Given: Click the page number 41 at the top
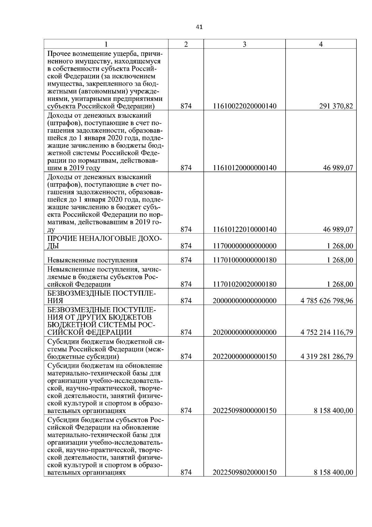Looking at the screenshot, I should tap(199, 27).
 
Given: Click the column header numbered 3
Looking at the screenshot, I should tap(244, 44).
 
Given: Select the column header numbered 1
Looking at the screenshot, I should tap(106, 44).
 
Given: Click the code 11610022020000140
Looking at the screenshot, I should tap(244, 107).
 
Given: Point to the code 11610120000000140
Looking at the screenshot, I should tap(244, 168).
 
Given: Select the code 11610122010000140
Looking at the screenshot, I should tap(244, 229).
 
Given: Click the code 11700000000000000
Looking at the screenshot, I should tap(244, 246).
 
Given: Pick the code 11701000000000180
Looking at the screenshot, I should tap(244, 260).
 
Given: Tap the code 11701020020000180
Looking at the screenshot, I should tap(244, 284).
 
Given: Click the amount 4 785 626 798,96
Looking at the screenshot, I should tap(326, 301).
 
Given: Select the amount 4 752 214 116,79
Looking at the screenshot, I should tap(326, 333).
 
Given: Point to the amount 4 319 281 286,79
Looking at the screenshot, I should tap(326, 357).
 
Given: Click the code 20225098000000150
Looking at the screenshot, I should tap(244, 411).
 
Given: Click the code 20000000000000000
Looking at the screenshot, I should tap(244, 301).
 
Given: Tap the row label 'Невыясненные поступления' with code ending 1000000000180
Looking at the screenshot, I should tap(92, 260).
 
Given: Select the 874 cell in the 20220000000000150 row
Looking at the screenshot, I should tap(186, 357).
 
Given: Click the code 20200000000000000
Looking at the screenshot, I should tap(244, 333).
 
